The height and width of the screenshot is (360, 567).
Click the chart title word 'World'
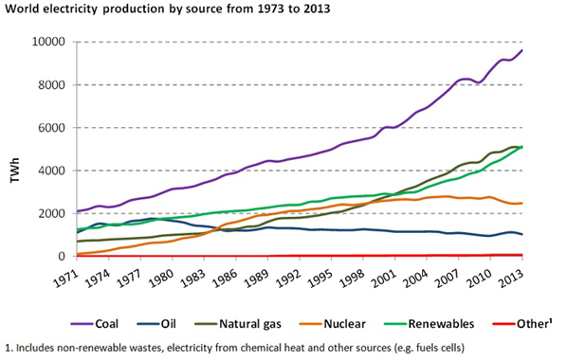click(x=23, y=10)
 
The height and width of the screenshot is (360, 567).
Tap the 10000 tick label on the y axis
click(x=48, y=43)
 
